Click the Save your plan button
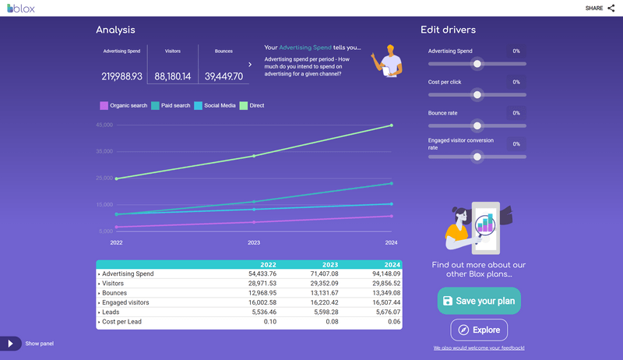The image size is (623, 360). click(x=478, y=301)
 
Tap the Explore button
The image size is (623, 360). click(x=478, y=330)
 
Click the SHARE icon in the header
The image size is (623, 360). click(x=610, y=8)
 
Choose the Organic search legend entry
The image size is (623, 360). click(x=124, y=105)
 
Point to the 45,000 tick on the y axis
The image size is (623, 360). click(x=104, y=125)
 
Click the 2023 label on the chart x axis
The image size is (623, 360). click(x=254, y=243)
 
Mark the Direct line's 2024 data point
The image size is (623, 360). click(x=391, y=125)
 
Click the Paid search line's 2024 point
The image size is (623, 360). click(x=391, y=184)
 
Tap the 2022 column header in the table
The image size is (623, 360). click(x=268, y=265)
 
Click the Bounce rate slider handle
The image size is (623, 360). click(x=477, y=125)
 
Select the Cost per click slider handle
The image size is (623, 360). click(x=477, y=95)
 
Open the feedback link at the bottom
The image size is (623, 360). click(x=479, y=348)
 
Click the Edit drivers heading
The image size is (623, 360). click(x=448, y=30)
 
